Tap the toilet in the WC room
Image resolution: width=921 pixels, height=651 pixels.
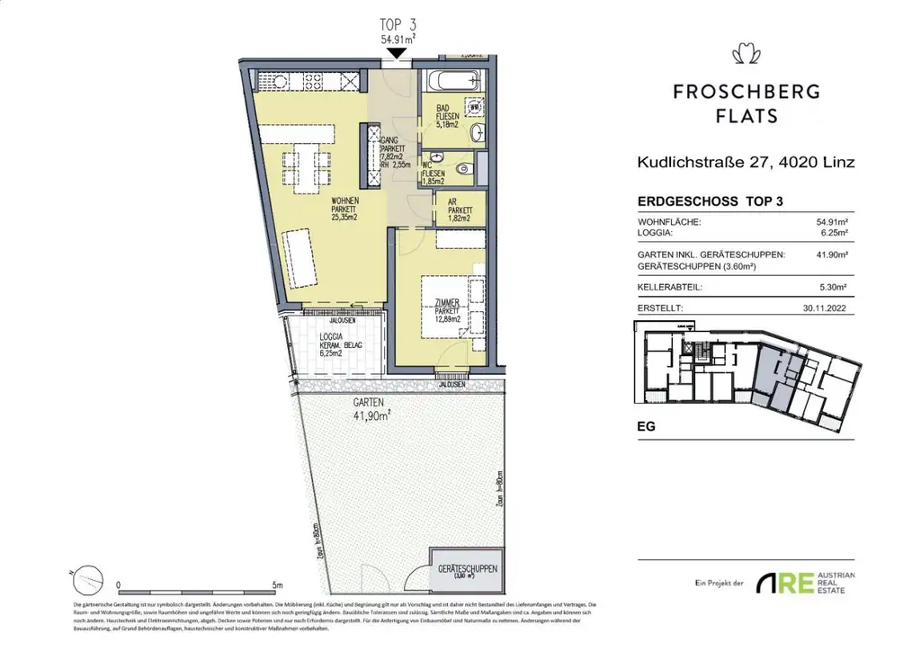pyautogui.click(x=462, y=168)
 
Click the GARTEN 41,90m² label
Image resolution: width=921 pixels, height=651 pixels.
pyautogui.click(x=370, y=410)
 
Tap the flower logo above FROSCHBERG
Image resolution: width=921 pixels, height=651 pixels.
pyautogui.click(x=747, y=55)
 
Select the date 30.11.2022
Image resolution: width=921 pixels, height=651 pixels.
pyautogui.click(x=828, y=308)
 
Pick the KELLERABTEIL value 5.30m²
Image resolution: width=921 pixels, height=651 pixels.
pyautogui.click(x=834, y=289)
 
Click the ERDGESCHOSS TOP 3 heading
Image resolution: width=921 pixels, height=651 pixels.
pyautogui.click(x=709, y=202)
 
